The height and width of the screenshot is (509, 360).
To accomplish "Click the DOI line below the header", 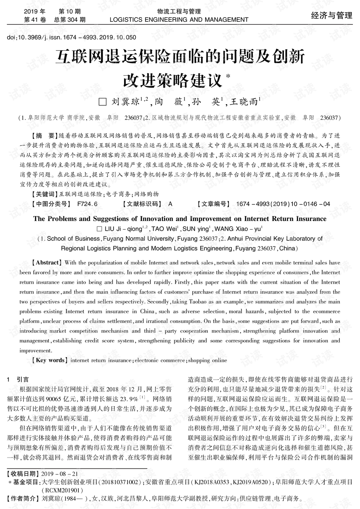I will pyautogui.click(x=71, y=37).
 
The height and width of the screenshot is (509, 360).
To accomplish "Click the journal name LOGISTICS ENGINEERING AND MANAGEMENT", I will pyautogui.click(x=179, y=20).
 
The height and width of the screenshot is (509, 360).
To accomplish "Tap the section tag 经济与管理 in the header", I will pyautogui.click(x=331, y=15).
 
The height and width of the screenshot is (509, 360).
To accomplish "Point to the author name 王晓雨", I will pyautogui.click(x=244, y=102).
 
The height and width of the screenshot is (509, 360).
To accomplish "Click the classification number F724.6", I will pyautogui.click(x=87, y=204).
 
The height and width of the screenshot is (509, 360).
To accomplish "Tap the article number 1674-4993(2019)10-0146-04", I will pyautogui.click(x=283, y=204).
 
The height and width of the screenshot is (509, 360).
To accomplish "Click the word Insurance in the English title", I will pyautogui.click(x=311, y=219).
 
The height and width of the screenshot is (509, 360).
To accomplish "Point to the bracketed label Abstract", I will pyautogui.click(x=46, y=263).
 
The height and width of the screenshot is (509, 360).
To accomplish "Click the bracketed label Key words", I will pyautogui.click(x=50, y=360).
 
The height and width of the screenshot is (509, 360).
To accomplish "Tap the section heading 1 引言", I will pyautogui.click(x=18, y=379).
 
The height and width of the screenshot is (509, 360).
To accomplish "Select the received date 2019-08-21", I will pyautogui.click(x=60, y=473).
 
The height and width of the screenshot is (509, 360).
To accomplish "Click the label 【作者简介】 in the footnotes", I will pyautogui.click(x=23, y=498).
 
